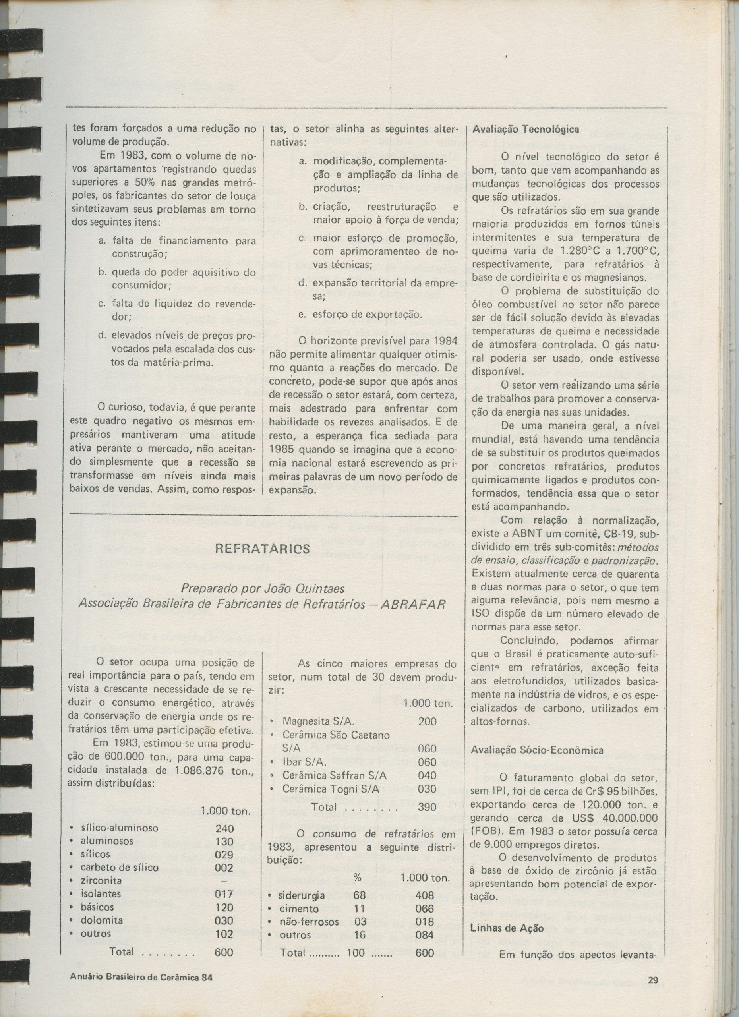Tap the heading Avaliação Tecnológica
(x=526, y=129)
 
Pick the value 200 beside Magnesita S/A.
(x=427, y=721)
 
